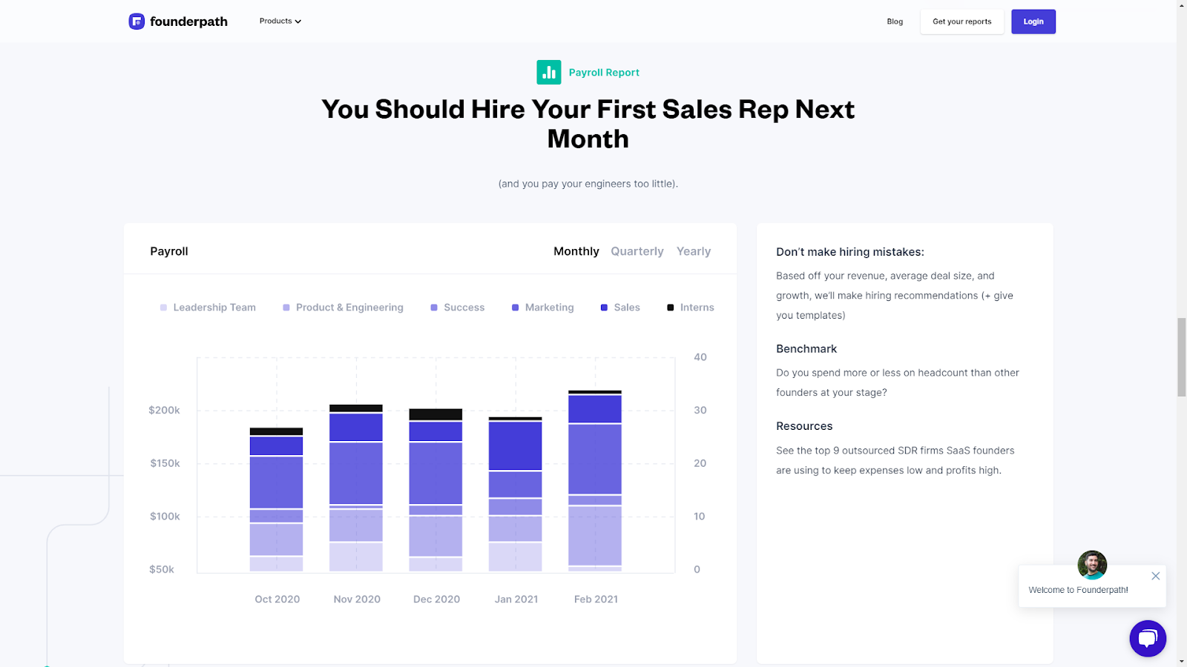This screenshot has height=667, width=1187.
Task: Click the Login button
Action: tap(1033, 21)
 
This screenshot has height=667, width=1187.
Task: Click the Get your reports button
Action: tap(961, 21)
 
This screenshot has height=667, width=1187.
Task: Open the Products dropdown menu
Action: tap(280, 21)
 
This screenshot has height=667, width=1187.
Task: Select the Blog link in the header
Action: tap(895, 21)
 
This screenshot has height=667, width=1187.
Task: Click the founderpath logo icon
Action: tap(137, 21)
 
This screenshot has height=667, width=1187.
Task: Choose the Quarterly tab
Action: tap(637, 251)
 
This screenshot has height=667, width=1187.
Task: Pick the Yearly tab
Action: tap(693, 251)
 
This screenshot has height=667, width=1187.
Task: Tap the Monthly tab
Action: tap(576, 251)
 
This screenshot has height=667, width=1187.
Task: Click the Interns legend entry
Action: tap(691, 308)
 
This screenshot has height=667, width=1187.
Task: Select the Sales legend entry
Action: tap(620, 308)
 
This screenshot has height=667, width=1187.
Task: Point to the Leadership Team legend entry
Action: tap(208, 308)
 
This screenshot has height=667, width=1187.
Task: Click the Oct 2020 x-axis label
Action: tap(277, 599)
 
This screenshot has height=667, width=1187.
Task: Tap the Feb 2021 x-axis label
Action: tap(596, 599)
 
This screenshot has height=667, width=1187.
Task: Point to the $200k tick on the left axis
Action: tap(164, 410)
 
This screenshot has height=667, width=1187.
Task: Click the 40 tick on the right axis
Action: tap(700, 357)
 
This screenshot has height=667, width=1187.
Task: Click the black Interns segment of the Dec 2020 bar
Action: tap(435, 414)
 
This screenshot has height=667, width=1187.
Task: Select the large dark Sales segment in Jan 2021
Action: tap(515, 445)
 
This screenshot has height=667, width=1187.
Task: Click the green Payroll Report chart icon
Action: tap(549, 73)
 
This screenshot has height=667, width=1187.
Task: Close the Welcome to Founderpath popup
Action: tap(1155, 576)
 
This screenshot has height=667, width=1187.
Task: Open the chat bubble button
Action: tap(1148, 638)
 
